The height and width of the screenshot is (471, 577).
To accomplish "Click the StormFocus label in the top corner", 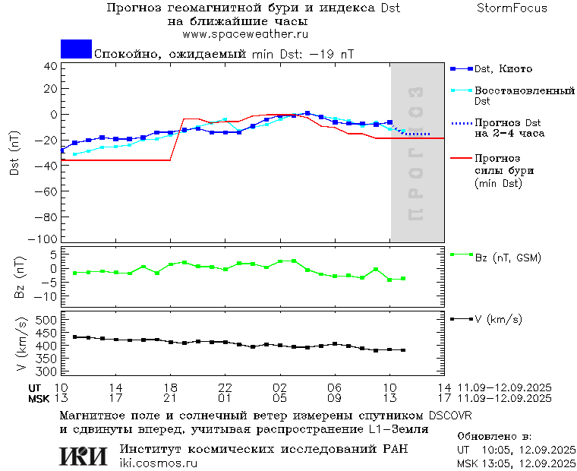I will [512, 8].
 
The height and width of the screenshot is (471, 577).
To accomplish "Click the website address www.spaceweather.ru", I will [245, 34].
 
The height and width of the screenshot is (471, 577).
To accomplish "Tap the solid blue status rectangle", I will [76, 49].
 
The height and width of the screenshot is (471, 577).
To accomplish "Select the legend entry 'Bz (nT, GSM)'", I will [507, 258].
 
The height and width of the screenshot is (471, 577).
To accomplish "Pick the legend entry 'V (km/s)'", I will [498, 319].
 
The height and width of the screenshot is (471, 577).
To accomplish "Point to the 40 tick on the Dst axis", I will [52, 66].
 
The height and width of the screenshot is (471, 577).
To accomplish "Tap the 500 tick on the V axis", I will [47, 321].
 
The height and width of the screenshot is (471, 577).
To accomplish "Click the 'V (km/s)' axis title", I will [23, 346].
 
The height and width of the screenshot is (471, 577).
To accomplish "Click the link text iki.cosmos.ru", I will [158, 463].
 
